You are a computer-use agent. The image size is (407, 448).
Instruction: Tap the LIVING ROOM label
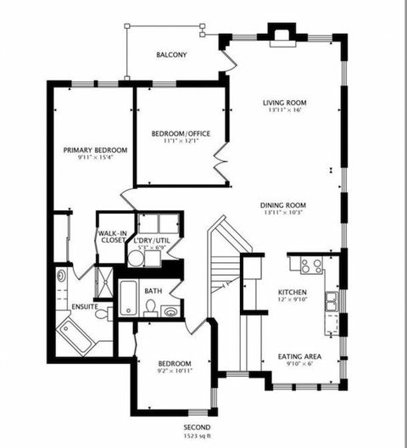click(282, 102)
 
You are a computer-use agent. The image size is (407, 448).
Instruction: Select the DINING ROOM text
click(282, 205)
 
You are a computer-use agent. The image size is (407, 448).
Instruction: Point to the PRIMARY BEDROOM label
click(96, 150)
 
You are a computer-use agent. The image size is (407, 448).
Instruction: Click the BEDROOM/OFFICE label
click(181, 133)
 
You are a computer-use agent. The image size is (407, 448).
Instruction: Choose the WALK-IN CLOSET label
click(112, 236)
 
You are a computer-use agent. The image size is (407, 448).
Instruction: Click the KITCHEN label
click(293, 291)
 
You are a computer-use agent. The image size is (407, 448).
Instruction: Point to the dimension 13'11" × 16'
click(282, 110)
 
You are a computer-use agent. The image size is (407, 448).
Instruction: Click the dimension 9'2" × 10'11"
click(175, 371)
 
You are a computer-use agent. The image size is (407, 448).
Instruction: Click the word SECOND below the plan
click(198, 428)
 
